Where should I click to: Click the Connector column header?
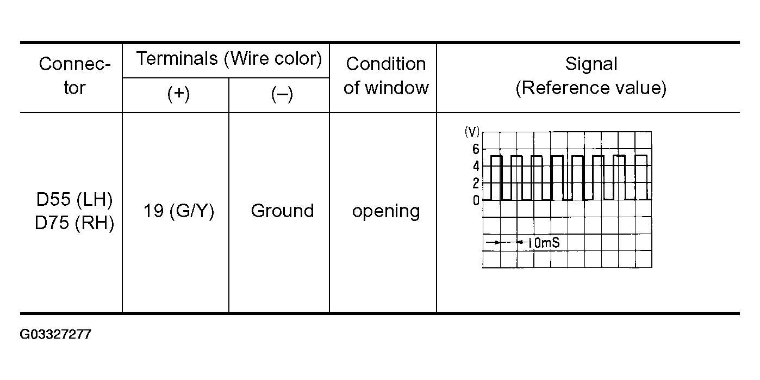pyautogui.click(x=74, y=76)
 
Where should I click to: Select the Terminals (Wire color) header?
pyautogui.click(x=229, y=58)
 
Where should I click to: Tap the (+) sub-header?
pyautogui.click(x=178, y=95)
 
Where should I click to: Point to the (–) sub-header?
pyautogui.click(x=282, y=95)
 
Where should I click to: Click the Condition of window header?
pyautogui.click(x=386, y=76)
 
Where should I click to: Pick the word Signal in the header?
pyautogui.click(x=591, y=64)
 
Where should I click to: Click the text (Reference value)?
pyautogui.click(x=591, y=88)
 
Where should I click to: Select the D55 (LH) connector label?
pyautogui.click(x=74, y=200)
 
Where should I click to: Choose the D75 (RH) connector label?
pyautogui.click(x=74, y=223)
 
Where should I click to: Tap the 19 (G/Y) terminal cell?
pyautogui.click(x=178, y=211)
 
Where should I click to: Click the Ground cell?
pyautogui.click(x=282, y=211)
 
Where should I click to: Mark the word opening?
pyautogui.click(x=386, y=211)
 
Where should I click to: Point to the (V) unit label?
pyautogui.click(x=472, y=131)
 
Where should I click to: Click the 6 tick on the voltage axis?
pyautogui.click(x=476, y=149)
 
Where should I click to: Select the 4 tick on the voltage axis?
pyautogui.click(x=476, y=166)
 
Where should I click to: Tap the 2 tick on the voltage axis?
pyautogui.click(x=476, y=183)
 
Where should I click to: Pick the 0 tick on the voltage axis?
pyautogui.click(x=476, y=200)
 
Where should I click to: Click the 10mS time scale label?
pyautogui.click(x=543, y=243)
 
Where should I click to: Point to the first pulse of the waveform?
pyautogui.click(x=496, y=177)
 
